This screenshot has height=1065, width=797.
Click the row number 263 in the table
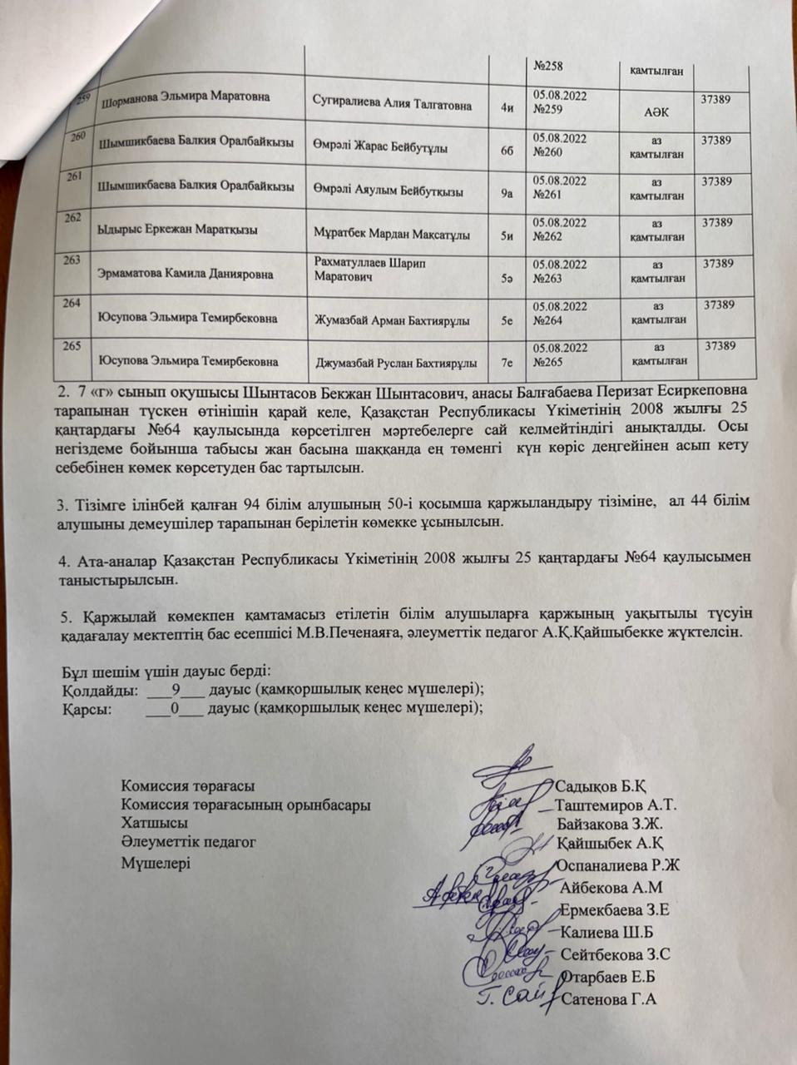[x=72, y=260]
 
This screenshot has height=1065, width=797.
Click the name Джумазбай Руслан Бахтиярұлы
[x=396, y=363]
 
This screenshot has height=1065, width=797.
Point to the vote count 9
[x=176, y=689]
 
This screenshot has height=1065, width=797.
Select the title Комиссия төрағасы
[x=188, y=786]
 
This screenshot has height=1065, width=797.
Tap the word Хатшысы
[x=154, y=824]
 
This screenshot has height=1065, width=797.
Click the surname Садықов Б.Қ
[x=601, y=787]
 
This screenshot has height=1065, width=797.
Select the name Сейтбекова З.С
[x=615, y=954]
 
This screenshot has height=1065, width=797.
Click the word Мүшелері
[x=156, y=863]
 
